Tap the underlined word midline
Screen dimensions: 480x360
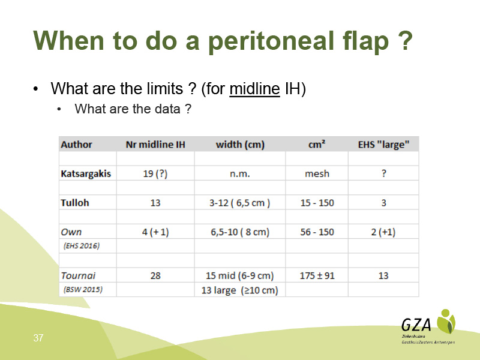tap(254, 89)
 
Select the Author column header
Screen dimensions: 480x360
tap(76, 145)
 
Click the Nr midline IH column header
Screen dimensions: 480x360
tap(155, 145)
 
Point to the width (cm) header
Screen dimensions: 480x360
tap(240, 145)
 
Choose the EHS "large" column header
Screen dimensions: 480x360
tap(383, 145)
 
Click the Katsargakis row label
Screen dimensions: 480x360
tap(86, 173)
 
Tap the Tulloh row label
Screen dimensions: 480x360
tap(74, 203)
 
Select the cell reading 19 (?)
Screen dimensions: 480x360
tap(155, 173)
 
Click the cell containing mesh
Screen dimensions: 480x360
tap(317, 173)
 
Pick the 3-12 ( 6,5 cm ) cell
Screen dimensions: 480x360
tap(239, 203)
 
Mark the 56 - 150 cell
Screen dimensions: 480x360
tap(317, 232)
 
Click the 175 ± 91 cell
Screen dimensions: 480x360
tap(317, 275)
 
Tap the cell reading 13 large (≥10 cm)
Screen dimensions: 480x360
tap(239, 290)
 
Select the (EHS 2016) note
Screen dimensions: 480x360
tap(82, 246)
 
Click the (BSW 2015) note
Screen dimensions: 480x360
tap(83, 290)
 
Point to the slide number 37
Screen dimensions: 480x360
tap(38, 338)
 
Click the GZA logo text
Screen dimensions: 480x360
tap(416, 325)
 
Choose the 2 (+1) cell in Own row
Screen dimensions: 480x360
tap(383, 232)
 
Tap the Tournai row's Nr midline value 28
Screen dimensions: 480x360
tap(155, 275)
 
